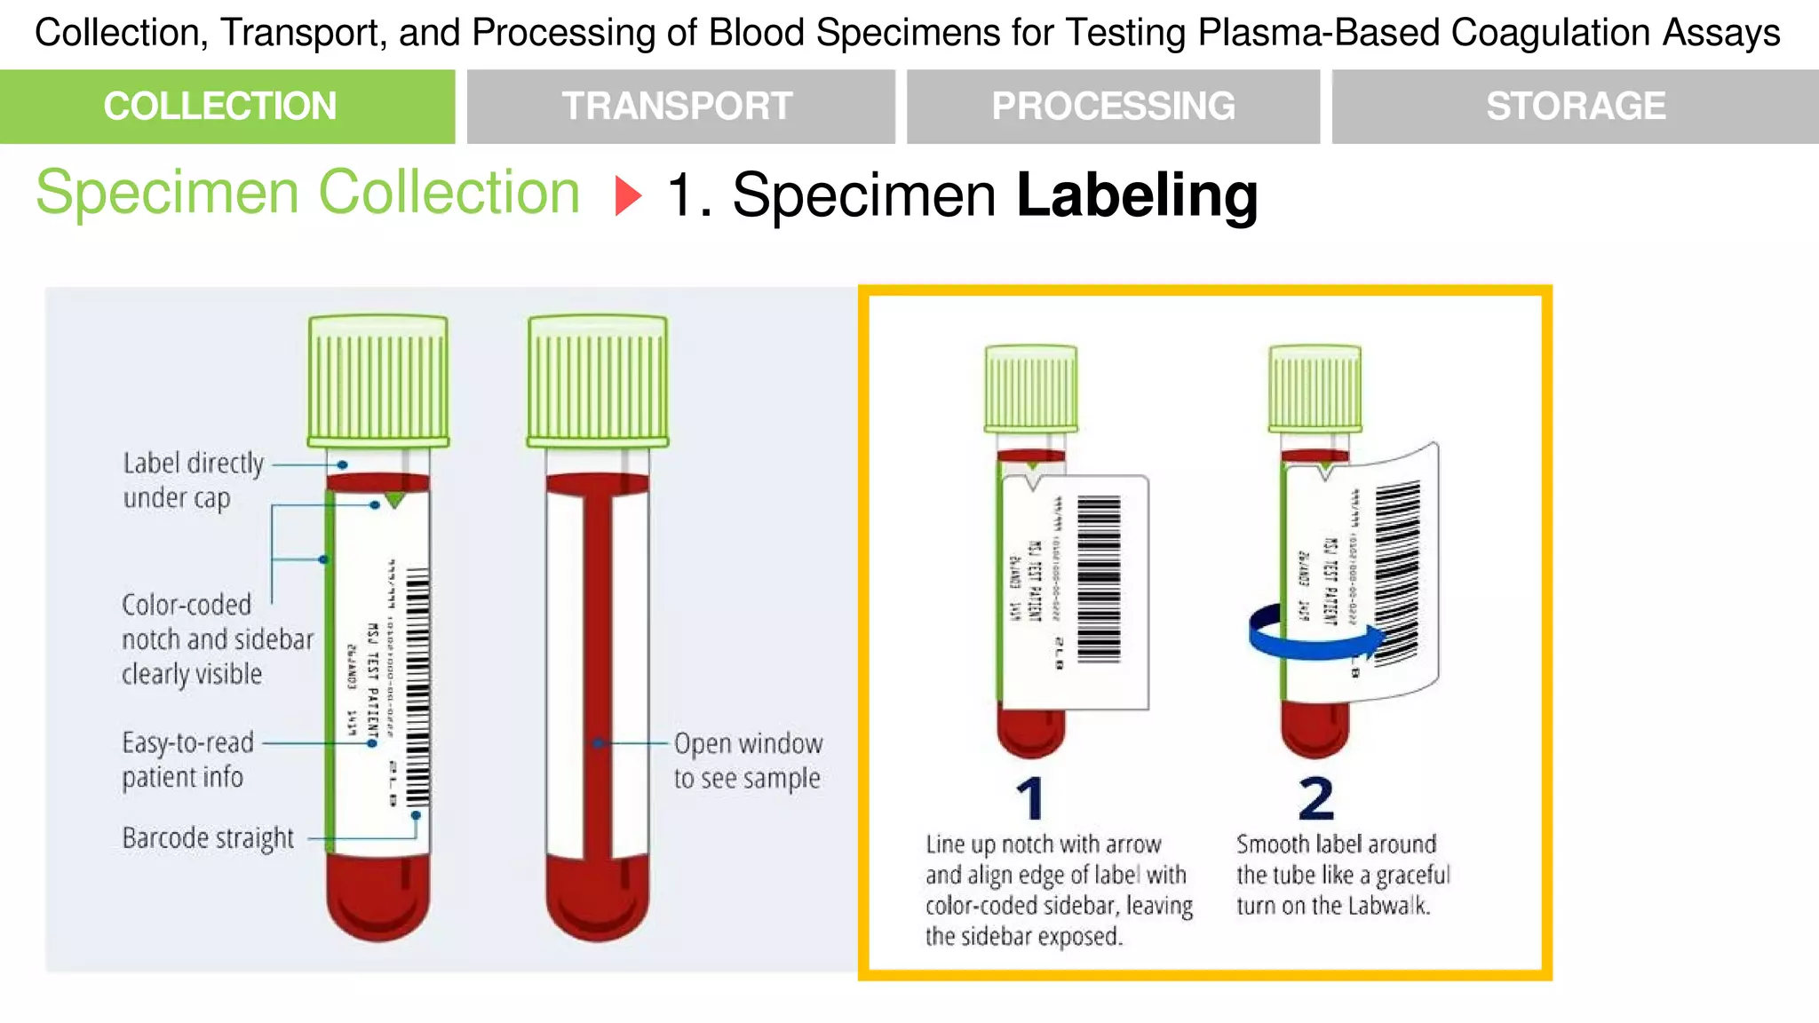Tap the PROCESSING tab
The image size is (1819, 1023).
point(1113,107)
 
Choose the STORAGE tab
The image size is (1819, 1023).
point(1575,107)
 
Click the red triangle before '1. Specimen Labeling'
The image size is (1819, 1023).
point(627,195)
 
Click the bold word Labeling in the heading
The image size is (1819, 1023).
point(1137,195)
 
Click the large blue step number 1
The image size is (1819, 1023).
point(1031,799)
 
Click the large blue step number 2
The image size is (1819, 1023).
point(1315,799)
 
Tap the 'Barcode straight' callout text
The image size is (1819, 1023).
point(208,838)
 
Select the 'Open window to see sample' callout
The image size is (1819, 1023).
point(747,760)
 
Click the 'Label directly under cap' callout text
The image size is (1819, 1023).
point(193,480)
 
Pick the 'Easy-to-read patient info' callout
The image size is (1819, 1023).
point(187,760)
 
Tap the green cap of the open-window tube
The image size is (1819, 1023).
point(597,380)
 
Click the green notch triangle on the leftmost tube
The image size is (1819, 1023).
point(394,500)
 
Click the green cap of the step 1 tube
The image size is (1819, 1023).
point(1031,388)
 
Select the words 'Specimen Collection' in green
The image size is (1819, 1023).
point(307,193)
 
